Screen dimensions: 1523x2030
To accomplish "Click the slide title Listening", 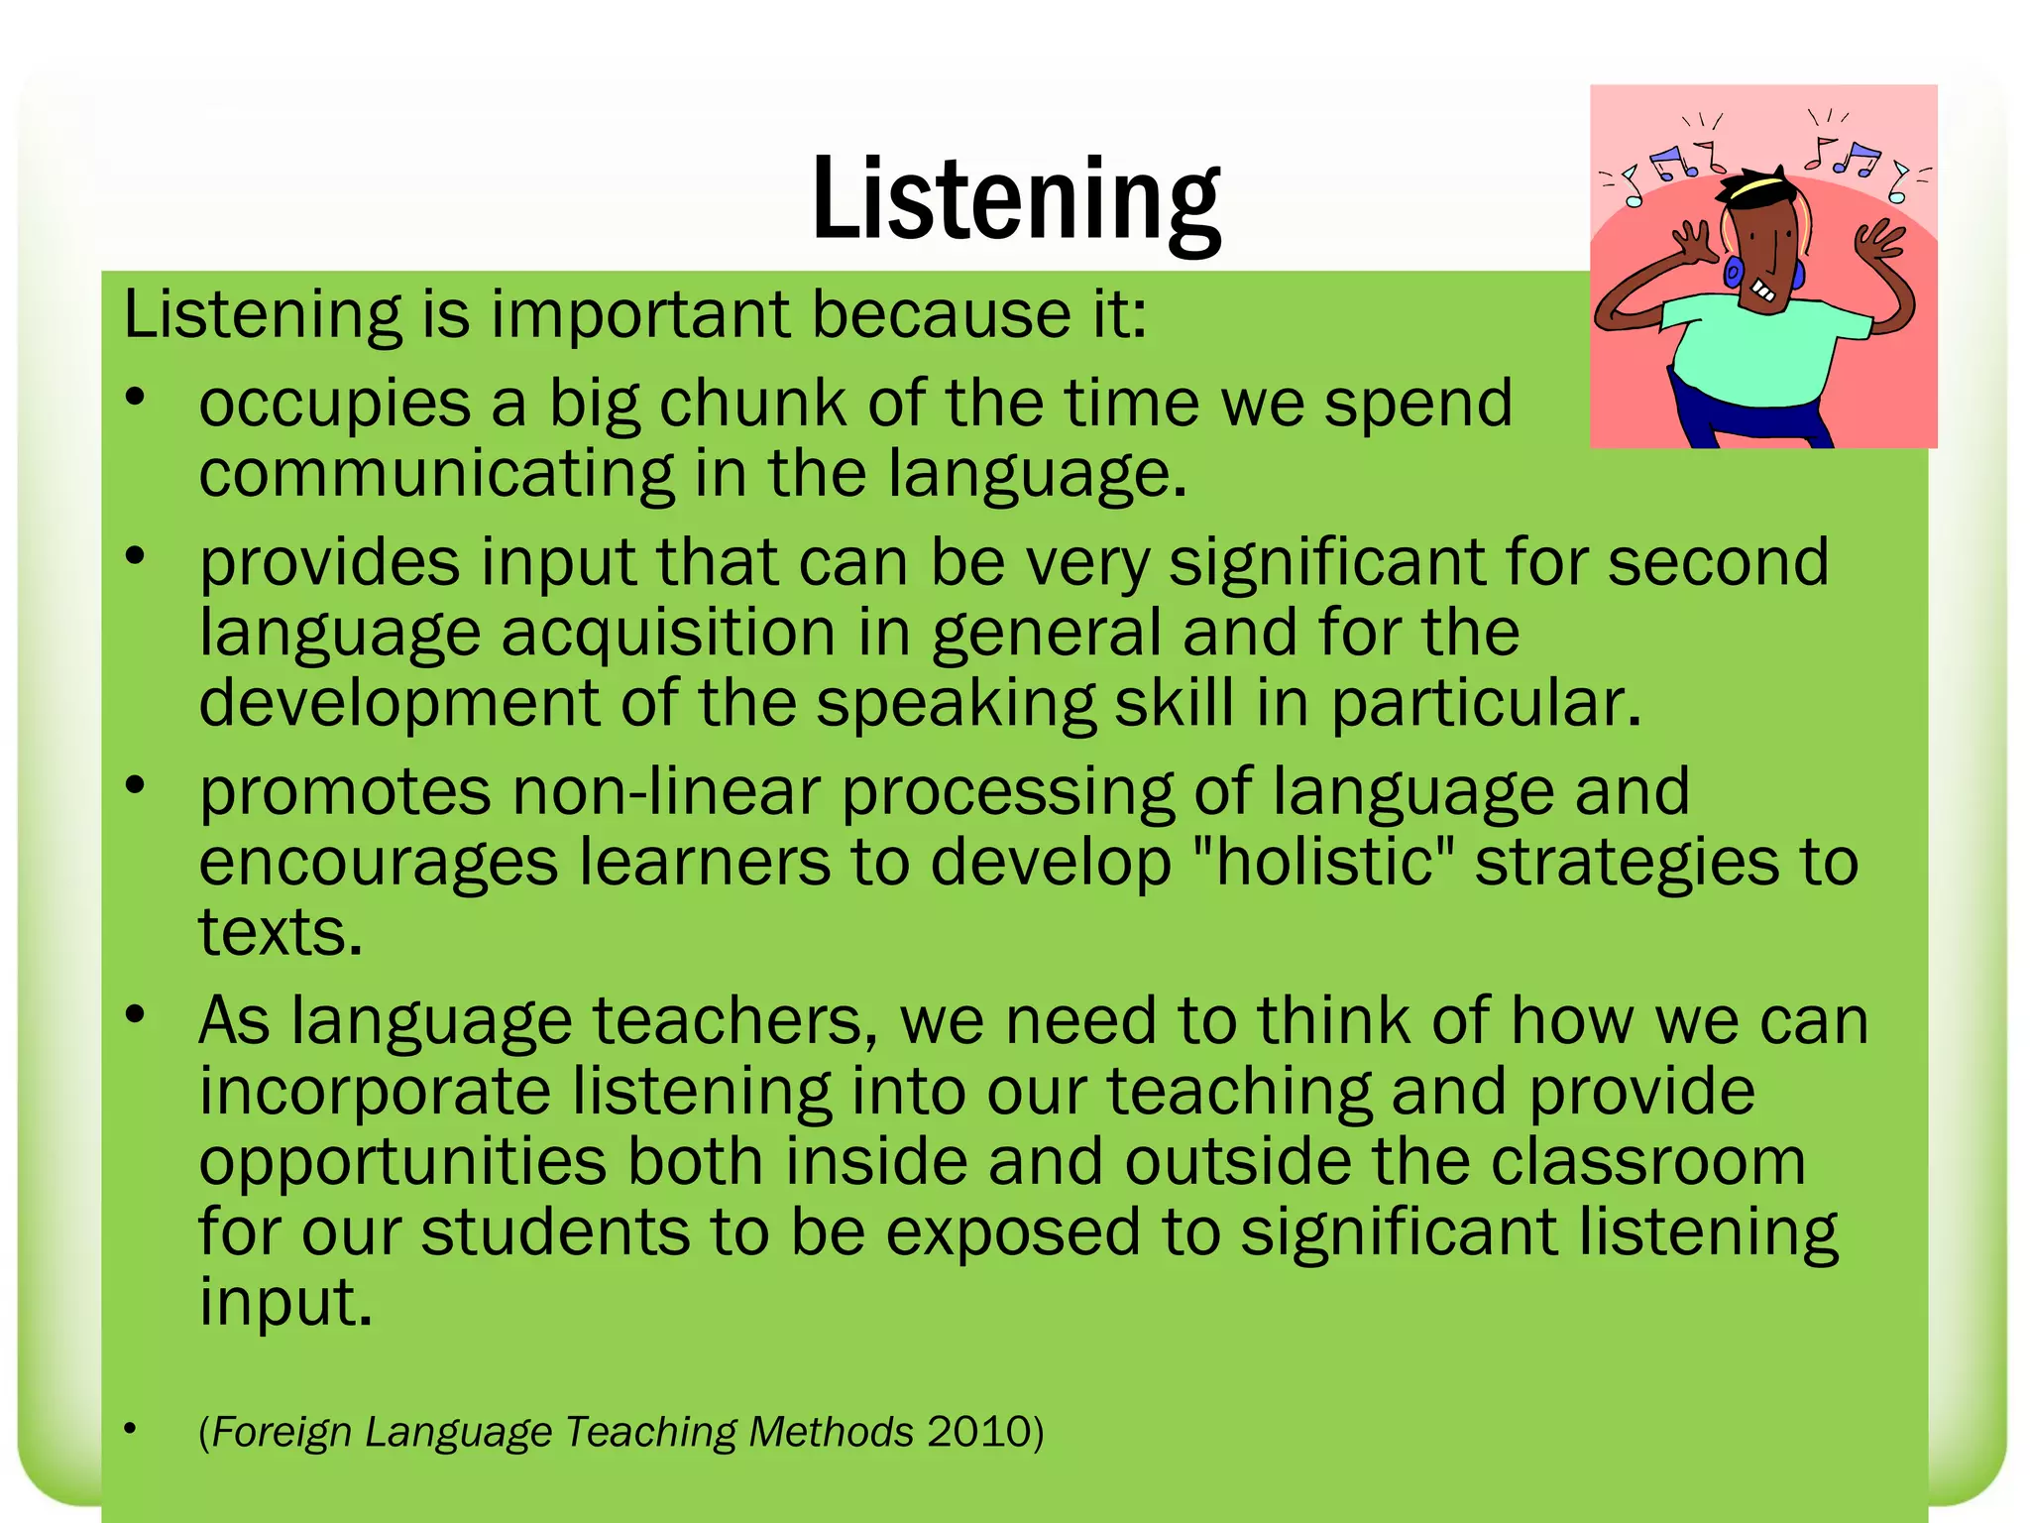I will (x=1015, y=198).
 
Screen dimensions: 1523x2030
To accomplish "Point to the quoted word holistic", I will (x=1324, y=862).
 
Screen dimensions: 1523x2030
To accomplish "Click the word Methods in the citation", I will (x=831, y=1432).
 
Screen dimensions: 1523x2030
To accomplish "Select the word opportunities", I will (x=402, y=1163).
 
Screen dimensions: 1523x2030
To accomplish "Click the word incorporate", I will (x=375, y=1092).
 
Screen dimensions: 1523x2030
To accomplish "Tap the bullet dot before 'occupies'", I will (x=136, y=398).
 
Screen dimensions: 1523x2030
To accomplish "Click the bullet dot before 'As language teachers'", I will (x=136, y=1014).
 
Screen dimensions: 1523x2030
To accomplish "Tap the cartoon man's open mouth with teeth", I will (x=1764, y=291).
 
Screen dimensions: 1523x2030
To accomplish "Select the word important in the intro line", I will (x=640, y=315).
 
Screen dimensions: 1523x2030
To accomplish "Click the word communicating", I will (x=436, y=474).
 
